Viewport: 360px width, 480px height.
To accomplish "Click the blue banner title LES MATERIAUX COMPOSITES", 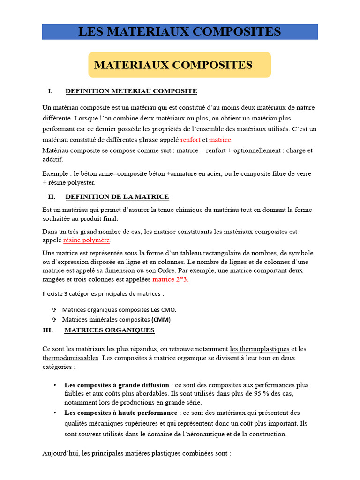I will (x=180, y=32).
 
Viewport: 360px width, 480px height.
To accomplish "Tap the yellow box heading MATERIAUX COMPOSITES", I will (x=173, y=65).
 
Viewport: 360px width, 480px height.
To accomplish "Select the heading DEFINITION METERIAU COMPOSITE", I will (x=131, y=91).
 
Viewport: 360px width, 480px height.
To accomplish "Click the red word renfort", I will (x=190, y=140).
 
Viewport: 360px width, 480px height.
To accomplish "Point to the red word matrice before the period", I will (x=220, y=140).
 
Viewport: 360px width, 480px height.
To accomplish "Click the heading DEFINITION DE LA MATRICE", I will (x=117, y=196).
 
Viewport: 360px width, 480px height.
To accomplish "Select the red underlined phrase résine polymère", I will (x=87, y=240).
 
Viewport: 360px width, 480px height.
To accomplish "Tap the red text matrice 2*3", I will (x=170, y=279).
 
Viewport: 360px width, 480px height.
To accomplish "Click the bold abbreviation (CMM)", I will (x=161, y=320).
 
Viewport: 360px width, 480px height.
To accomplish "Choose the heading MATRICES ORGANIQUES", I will (x=109, y=330).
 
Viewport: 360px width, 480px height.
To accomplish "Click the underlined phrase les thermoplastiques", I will (x=259, y=349).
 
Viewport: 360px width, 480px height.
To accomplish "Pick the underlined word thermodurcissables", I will (x=70, y=358).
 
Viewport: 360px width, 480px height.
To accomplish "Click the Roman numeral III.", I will (x=47, y=330).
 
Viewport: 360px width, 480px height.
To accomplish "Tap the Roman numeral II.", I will (x=52, y=196).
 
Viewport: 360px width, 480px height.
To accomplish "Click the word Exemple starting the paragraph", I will (x=55, y=173).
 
